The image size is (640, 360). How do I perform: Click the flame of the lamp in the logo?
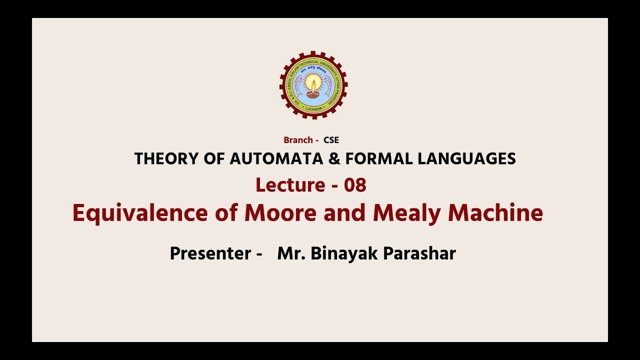point(313,82)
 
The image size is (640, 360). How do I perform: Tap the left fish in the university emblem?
point(298,85)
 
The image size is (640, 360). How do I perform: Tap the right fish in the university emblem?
point(328,85)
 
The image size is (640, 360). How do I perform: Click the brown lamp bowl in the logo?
point(313,93)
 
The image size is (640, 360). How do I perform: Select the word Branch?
point(298,140)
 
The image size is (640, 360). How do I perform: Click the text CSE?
point(331,140)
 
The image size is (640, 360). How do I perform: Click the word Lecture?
point(290,185)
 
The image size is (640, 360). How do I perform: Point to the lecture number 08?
point(355,185)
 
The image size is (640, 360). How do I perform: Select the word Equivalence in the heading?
point(140,213)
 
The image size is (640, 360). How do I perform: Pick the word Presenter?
point(210,253)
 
